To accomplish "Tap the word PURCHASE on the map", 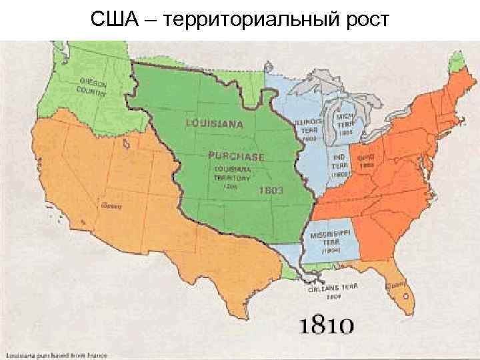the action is point(236,157).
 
